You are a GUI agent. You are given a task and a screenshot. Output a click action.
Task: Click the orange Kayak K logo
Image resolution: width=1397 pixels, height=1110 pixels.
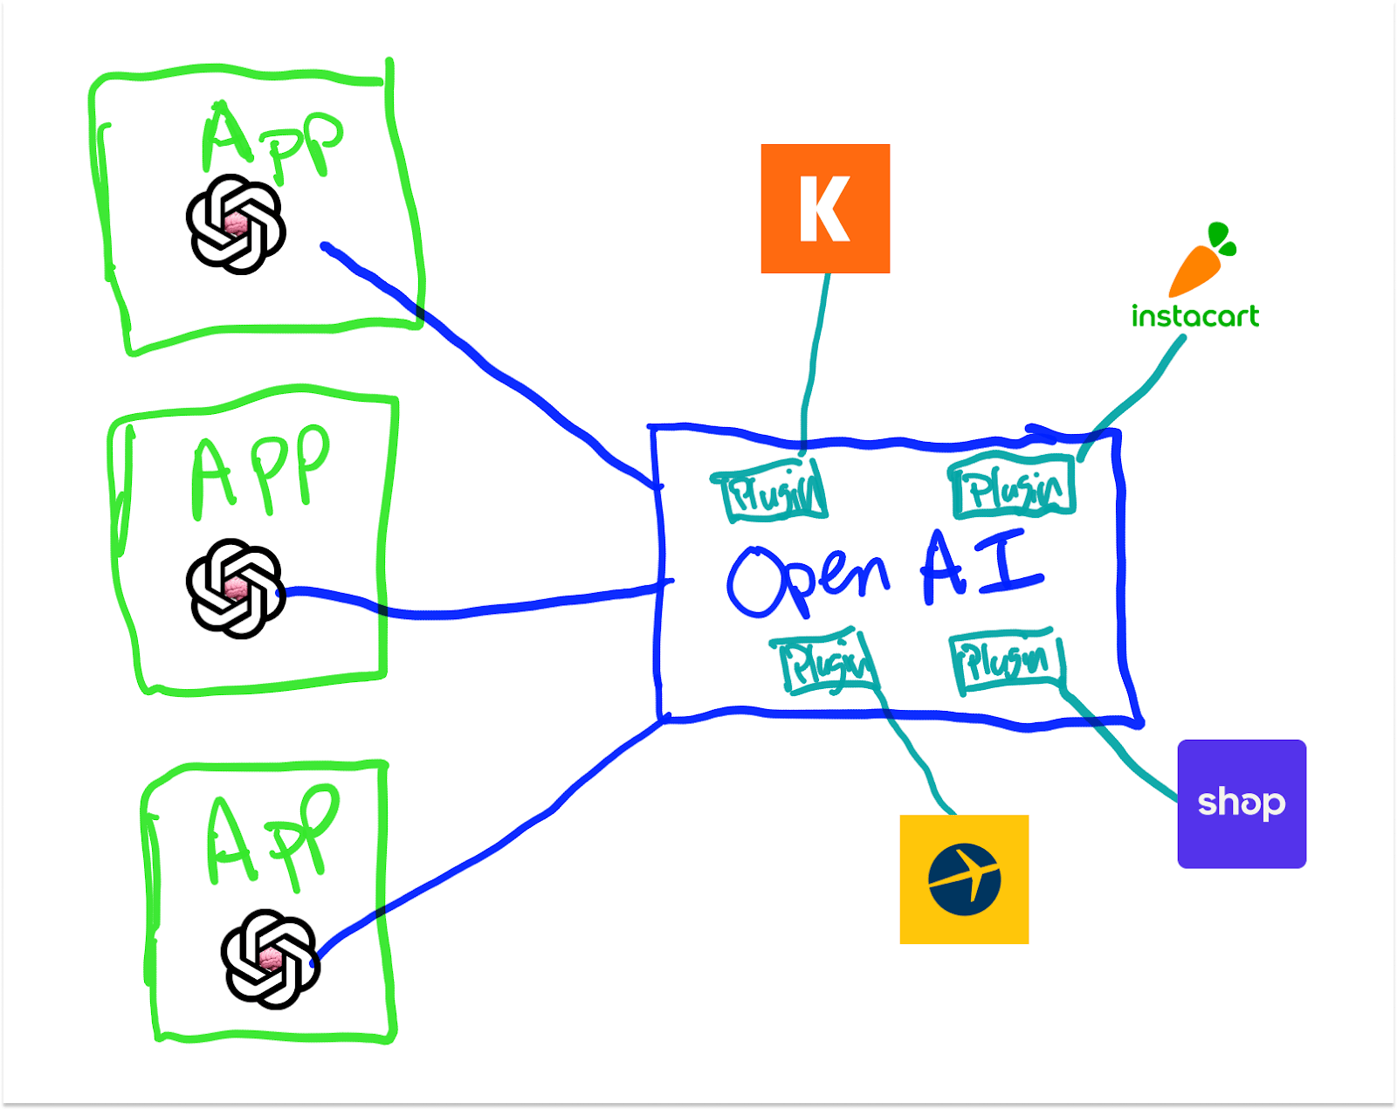[825, 209]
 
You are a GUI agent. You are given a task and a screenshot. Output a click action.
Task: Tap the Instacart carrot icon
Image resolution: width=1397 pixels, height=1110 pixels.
[1201, 261]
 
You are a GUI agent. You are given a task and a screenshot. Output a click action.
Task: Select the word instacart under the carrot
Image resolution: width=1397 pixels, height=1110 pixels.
[1194, 316]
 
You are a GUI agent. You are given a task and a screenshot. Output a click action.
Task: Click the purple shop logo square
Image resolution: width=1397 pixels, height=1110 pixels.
[1242, 803]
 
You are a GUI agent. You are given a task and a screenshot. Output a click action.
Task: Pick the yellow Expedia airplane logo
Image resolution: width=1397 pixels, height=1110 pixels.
[964, 879]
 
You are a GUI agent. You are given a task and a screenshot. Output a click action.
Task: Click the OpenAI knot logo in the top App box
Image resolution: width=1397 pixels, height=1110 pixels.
[236, 224]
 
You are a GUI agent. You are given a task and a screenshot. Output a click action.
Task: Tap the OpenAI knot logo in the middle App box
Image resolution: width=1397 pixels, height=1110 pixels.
[236, 588]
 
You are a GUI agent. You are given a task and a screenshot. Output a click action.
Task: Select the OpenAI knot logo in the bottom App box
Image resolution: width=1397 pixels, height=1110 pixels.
[271, 959]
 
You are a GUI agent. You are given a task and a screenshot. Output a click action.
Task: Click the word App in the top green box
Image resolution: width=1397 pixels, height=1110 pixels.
[271, 140]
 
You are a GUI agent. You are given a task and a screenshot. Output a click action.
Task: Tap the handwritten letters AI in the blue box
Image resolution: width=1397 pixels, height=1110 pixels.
[981, 568]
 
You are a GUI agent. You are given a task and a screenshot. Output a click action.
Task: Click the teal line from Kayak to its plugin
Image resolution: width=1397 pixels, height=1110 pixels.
[815, 349]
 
